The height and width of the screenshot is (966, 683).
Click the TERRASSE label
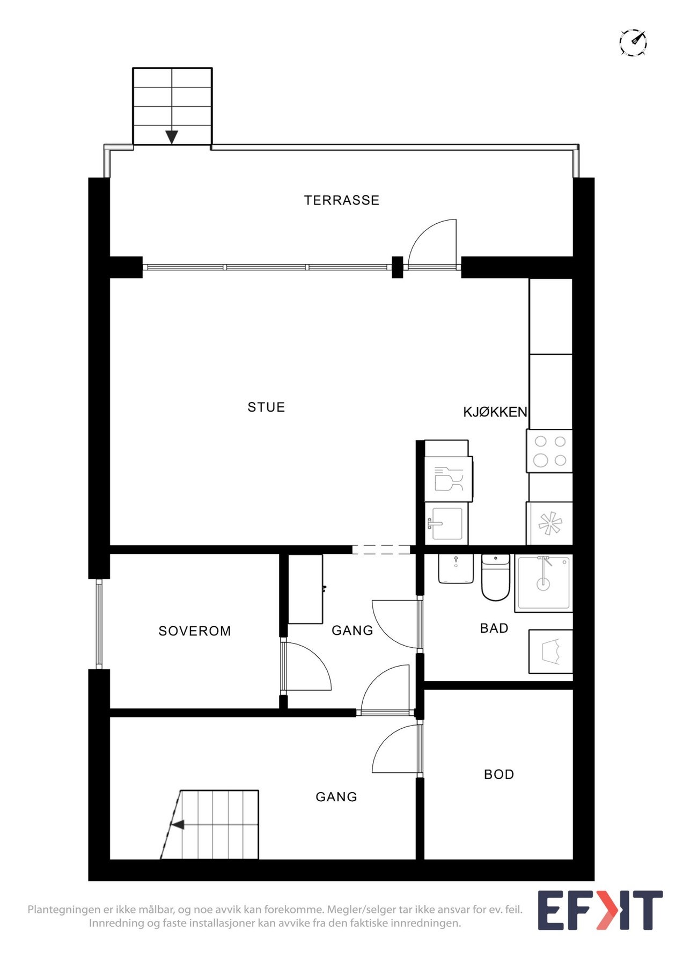click(x=341, y=200)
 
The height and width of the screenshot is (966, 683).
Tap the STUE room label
click(x=266, y=407)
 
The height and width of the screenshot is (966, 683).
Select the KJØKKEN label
click(x=495, y=412)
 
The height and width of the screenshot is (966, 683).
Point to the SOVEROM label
click(x=195, y=631)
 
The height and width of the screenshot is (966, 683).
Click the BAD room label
click(x=494, y=628)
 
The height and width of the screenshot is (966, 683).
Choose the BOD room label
click(x=499, y=774)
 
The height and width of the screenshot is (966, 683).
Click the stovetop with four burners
click(x=550, y=451)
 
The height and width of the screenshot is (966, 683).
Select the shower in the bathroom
click(x=544, y=583)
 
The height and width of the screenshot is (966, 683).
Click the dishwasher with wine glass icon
click(x=448, y=479)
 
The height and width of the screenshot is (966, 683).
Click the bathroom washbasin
click(x=456, y=569)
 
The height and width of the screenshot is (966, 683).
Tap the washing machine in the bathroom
click(x=550, y=652)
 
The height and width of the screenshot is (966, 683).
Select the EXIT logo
click(x=600, y=910)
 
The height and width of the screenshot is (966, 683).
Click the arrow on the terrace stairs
click(x=172, y=137)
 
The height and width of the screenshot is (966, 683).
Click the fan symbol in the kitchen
click(x=549, y=524)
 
